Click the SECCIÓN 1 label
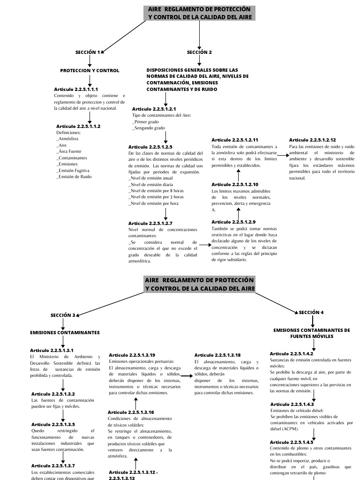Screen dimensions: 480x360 [87, 52]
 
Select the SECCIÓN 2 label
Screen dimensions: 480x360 [199, 52]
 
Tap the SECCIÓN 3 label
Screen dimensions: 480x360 [62, 315]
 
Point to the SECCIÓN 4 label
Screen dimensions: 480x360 [311, 312]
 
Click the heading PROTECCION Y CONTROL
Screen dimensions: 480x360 [90, 70]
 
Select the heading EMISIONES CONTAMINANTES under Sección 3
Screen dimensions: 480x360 [65, 332]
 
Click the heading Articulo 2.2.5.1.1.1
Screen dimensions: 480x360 [76, 89]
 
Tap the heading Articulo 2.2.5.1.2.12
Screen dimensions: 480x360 [313, 140]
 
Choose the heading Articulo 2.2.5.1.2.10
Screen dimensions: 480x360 [235, 185]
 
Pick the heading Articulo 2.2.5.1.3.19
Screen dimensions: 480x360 [132, 355]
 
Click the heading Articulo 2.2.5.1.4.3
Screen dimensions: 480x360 [292, 404]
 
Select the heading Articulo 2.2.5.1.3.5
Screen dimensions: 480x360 [53, 424]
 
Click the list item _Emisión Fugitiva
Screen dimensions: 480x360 [73, 171]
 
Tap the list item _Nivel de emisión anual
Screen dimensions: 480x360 [150, 179]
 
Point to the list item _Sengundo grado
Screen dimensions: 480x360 [149, 127]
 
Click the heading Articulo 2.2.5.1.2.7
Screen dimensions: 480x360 [150, 224]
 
